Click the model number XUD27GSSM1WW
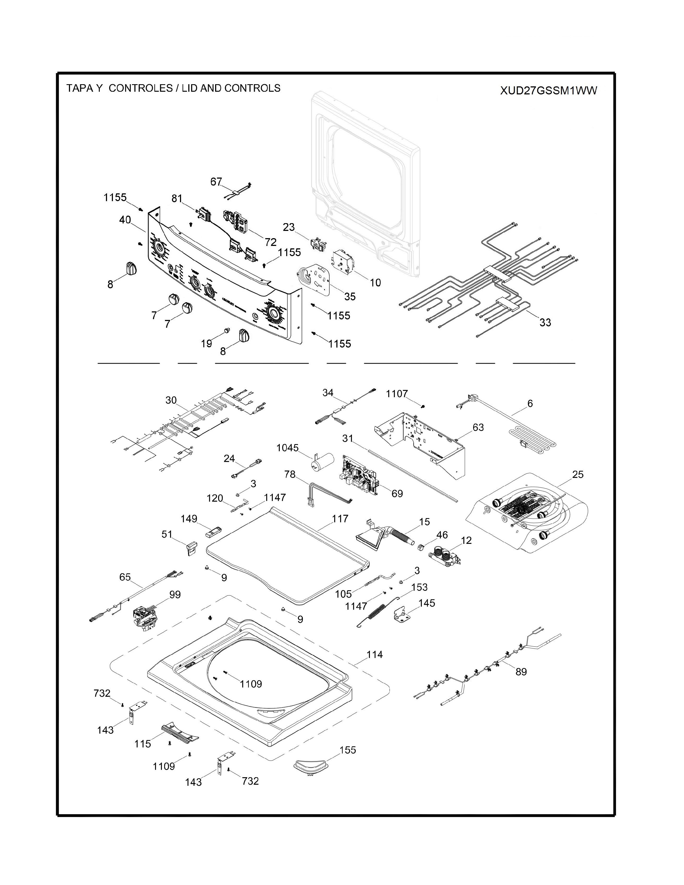pos(548,91)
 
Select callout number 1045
pos(287,448)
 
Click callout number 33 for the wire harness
pos(545,323)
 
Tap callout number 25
pos(578,474)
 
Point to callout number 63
pos(478,427)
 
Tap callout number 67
pos(216,182)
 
